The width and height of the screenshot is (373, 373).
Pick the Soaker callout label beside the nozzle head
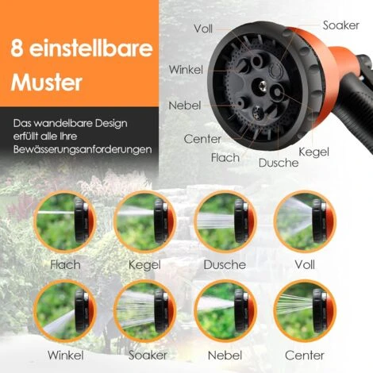point(341,25)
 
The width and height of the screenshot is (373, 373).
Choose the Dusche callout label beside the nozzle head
point(279,163)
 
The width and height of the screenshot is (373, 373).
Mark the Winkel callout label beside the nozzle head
point(186,70)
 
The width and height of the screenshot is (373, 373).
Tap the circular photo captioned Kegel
point(144,221)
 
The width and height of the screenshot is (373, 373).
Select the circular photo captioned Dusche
point(224,221)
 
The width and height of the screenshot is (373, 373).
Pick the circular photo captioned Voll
point(303,221)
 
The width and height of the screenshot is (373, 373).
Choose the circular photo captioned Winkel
point(65,311)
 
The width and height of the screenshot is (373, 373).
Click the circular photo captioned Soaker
point(144,311)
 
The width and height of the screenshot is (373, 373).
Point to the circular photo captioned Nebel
point(224,311)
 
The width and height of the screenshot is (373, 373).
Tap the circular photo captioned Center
point(303,311)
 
